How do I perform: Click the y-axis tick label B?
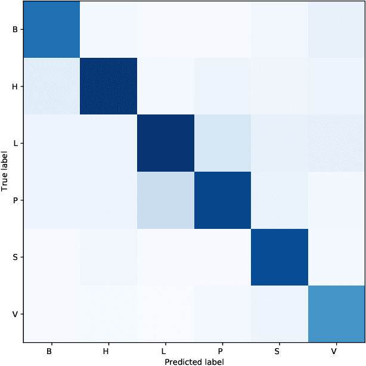tap(14, 29)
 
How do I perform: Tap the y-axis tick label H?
tap(14, 86)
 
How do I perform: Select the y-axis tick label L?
tap(14, 143)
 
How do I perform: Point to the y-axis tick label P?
tap(14, 200)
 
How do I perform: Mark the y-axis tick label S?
tap(14, 258)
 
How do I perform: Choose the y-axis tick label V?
tap(14, 314)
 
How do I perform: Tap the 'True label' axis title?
tap(5, 172)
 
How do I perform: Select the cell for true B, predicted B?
tap(51, 29)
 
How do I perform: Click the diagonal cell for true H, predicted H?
tap(108, 86)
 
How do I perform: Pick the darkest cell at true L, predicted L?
tap(166, 143)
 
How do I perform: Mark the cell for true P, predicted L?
tap(166, 200)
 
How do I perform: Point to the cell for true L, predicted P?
tap(222, 143)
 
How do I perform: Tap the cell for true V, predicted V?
tap(336, 314)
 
